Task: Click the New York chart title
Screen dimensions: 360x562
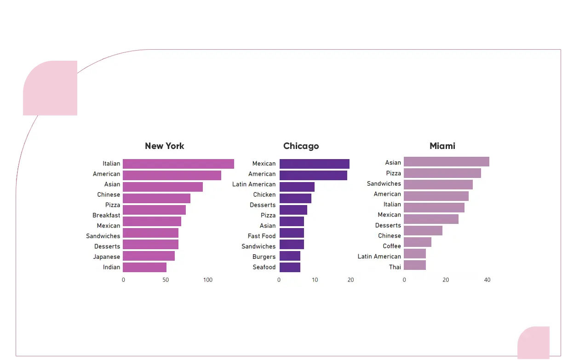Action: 164,146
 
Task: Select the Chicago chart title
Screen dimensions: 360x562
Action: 301,146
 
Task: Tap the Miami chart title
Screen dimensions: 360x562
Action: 442,146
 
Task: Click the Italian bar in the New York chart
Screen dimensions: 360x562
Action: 178,164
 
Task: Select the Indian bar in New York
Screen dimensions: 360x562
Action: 144,267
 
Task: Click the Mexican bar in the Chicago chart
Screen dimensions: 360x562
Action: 314,164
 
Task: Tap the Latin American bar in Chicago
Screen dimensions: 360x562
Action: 297,187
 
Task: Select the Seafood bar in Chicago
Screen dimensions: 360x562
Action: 290,267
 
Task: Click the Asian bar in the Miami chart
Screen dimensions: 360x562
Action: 446,161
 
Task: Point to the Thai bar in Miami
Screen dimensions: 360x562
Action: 415,265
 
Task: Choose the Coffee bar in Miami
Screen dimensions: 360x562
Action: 418,242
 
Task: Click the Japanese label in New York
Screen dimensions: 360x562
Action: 106,257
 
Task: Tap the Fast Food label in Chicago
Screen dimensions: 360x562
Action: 262,236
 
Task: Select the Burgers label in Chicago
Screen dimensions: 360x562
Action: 264,257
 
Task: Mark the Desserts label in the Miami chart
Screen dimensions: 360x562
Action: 388,225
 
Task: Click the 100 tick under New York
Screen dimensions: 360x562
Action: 208,280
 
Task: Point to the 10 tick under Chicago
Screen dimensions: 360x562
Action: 315,280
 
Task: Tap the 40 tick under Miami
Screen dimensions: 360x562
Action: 487,280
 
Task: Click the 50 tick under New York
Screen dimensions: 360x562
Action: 166,280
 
